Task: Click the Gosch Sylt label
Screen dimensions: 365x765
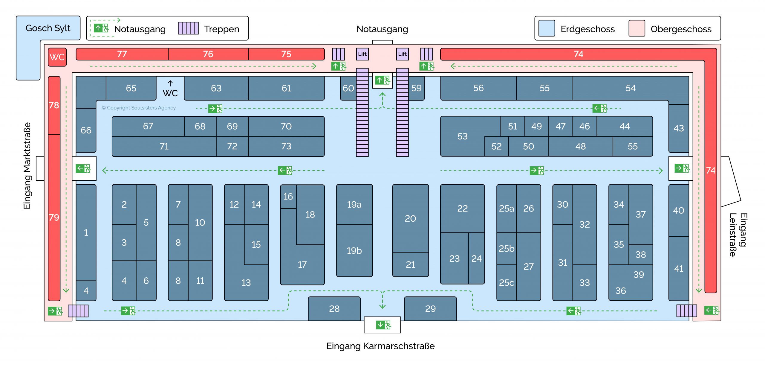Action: [x=48, y=28]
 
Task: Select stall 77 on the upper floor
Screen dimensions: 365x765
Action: [x=122, y=54]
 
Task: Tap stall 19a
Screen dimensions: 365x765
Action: [x=354, y=205]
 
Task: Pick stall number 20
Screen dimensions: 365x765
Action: [x=410, y=219]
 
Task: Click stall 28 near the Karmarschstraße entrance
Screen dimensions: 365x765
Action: [x=334, y=309]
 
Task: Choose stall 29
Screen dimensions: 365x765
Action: [x=430, y=309]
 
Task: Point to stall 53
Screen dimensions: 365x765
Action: [x=462, y=136]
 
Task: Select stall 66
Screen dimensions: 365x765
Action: [x=86, y=130]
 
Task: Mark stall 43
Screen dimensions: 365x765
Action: [x=678, y=128]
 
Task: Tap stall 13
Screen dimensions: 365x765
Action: [x=246, y=282]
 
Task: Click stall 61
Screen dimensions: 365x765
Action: [x=286, y=88]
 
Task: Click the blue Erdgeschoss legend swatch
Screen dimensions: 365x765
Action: [x=547, y=28]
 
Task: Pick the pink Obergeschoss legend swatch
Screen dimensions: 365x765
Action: [x=637, y=28]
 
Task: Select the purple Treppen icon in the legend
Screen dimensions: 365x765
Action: [x=188, y=28]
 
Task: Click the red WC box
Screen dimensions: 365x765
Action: [x=57, y=57]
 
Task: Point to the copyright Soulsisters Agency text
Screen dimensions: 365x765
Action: [x=139, y=108]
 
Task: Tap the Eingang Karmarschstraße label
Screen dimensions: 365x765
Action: [x=380, y=346]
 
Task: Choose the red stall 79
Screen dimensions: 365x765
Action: [x=54, y=218]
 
